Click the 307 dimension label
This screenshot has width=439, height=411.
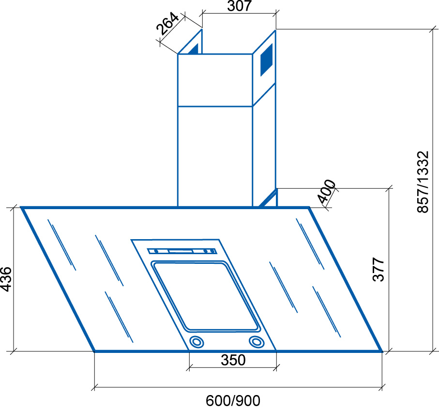239,6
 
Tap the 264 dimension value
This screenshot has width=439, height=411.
167,24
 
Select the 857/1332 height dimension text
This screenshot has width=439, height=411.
423,182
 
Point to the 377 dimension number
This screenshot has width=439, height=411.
378,269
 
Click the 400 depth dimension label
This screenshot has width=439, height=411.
327,192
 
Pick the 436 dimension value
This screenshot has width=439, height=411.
6,279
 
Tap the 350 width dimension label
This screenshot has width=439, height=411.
233,360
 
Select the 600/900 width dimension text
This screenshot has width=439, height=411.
233,401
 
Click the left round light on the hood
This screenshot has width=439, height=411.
197,342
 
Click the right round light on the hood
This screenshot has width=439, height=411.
257,342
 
